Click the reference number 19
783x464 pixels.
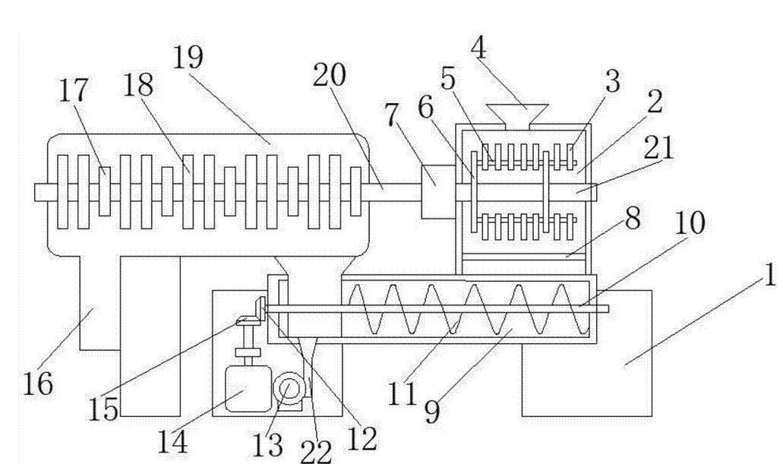188,57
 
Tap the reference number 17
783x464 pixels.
74,91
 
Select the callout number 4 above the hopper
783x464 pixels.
478,48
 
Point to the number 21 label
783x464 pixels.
658,147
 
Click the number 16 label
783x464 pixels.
38,384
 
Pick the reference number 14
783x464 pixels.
172,441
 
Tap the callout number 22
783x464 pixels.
316,452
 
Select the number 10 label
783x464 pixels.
690,223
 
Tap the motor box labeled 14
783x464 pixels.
248,389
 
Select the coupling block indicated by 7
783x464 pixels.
438,192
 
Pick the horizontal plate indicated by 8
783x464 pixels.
524,257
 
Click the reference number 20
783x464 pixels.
329,75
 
